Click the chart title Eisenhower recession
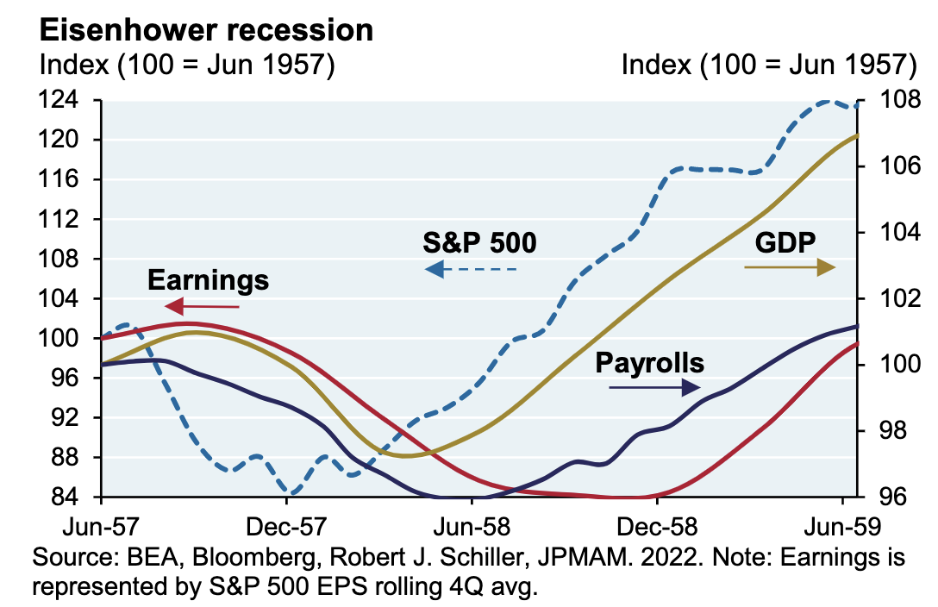point(206,29)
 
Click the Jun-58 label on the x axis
point(472,525)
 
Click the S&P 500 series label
point(479,243)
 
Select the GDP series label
point(785,242)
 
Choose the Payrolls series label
point(649,362)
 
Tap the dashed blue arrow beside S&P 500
point(471,270)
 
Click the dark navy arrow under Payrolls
point(653,388)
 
